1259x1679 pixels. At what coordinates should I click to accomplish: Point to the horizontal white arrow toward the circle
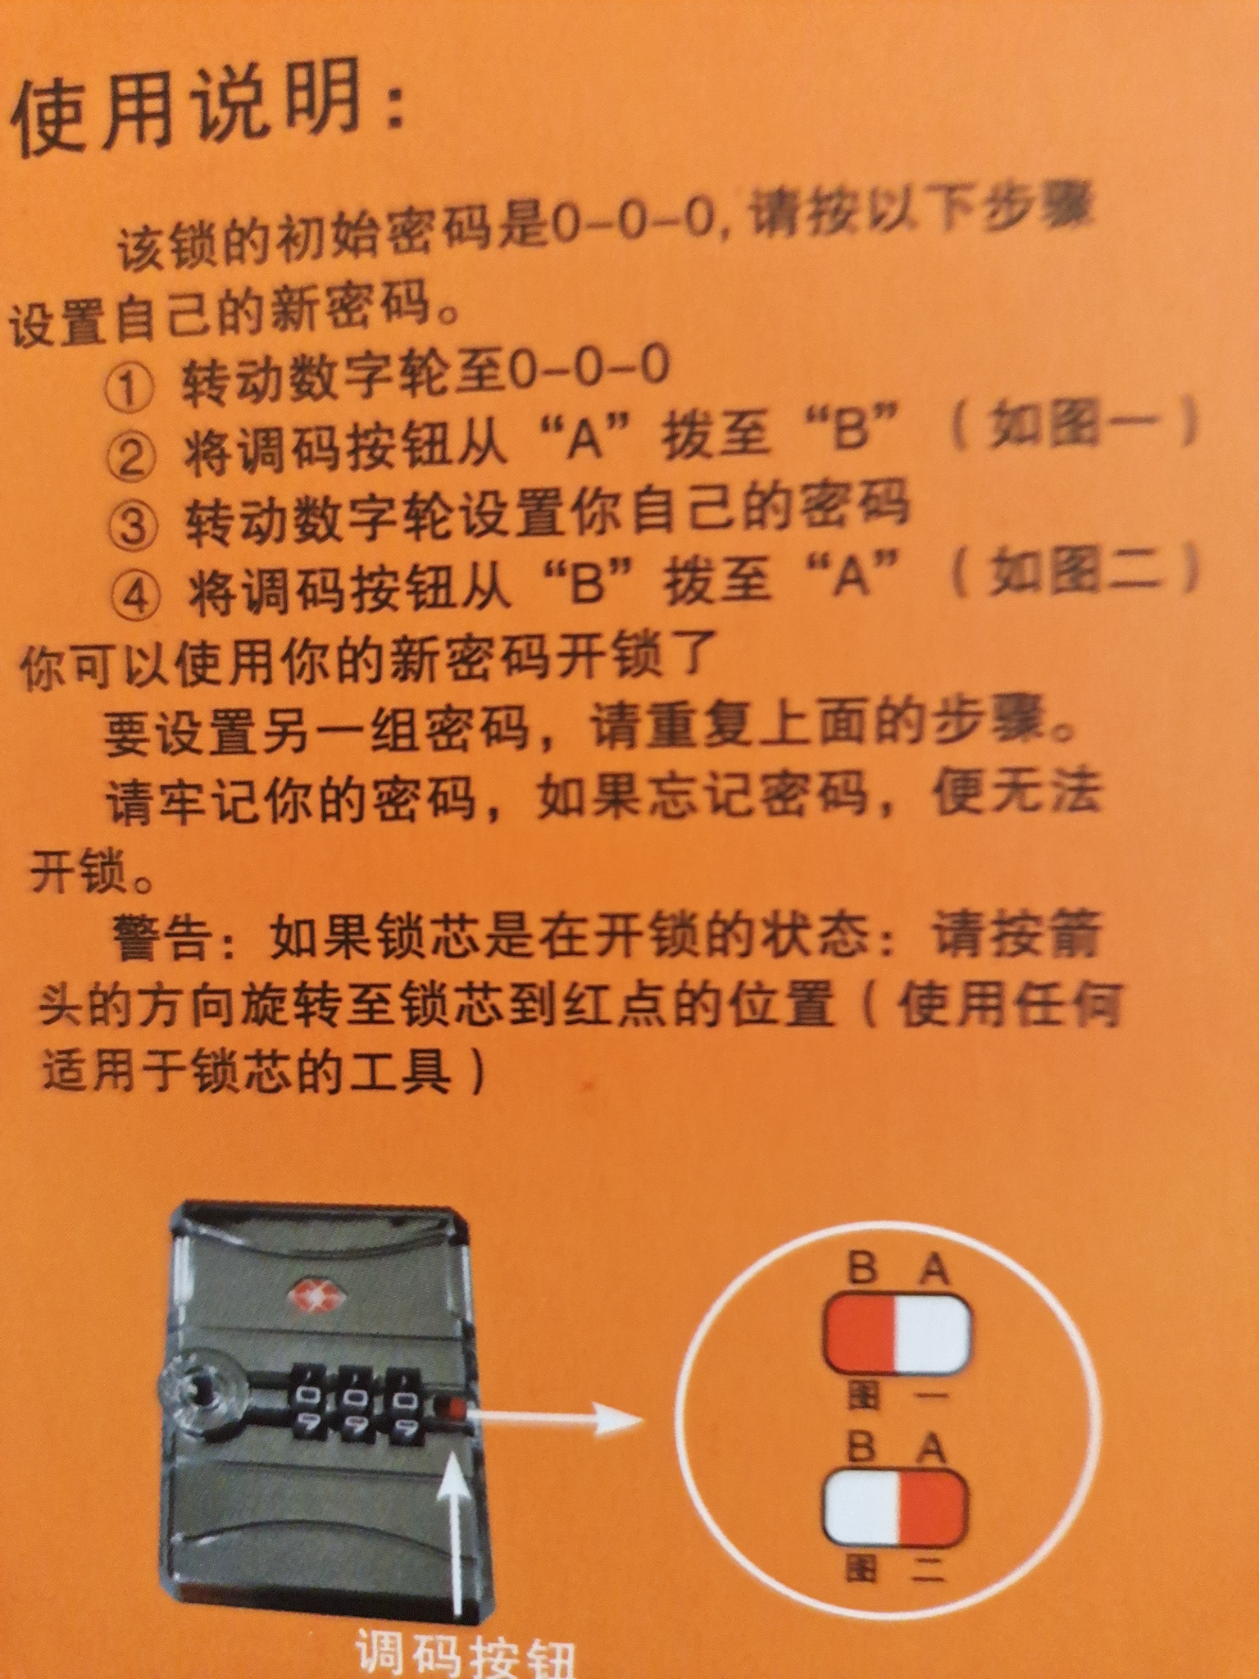(x=557, y=1416)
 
